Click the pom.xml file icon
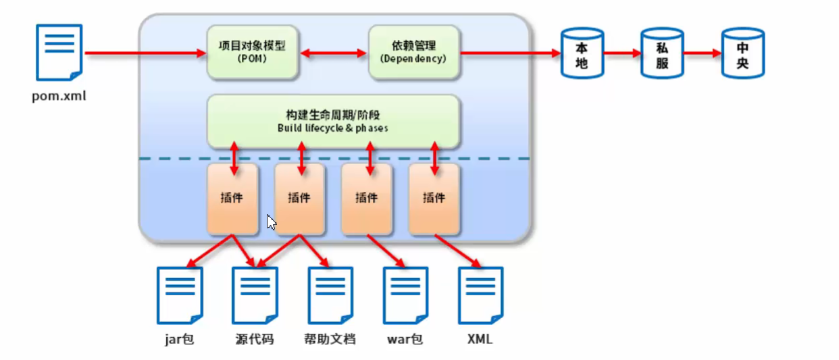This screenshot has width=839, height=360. tap(59, 53)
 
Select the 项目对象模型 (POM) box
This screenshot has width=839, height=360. tap(253, 51)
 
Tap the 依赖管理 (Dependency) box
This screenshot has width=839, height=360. tap(413, 51)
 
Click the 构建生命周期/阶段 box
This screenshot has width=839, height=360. tap(333, 121)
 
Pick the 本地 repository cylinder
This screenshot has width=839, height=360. tap(582, 53)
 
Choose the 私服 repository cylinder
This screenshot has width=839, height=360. tap(662, 53)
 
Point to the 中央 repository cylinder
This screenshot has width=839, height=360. tap(742, 53)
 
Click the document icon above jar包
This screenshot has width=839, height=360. tap(180, 295)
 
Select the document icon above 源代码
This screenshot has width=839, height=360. tap(255, 295)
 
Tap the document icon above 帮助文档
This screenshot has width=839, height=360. tap(330, 295)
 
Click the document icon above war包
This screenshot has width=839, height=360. tap(405, 295)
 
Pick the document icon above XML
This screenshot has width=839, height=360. tap(480, 295)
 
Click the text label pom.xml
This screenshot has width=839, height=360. tap(59, 96)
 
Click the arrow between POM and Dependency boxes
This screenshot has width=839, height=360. tap(333, 52)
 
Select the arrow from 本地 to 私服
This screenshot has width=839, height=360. tap(621, 53)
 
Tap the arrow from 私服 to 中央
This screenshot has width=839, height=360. tap(703, 53)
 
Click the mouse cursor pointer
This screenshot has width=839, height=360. tap(271, 222)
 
